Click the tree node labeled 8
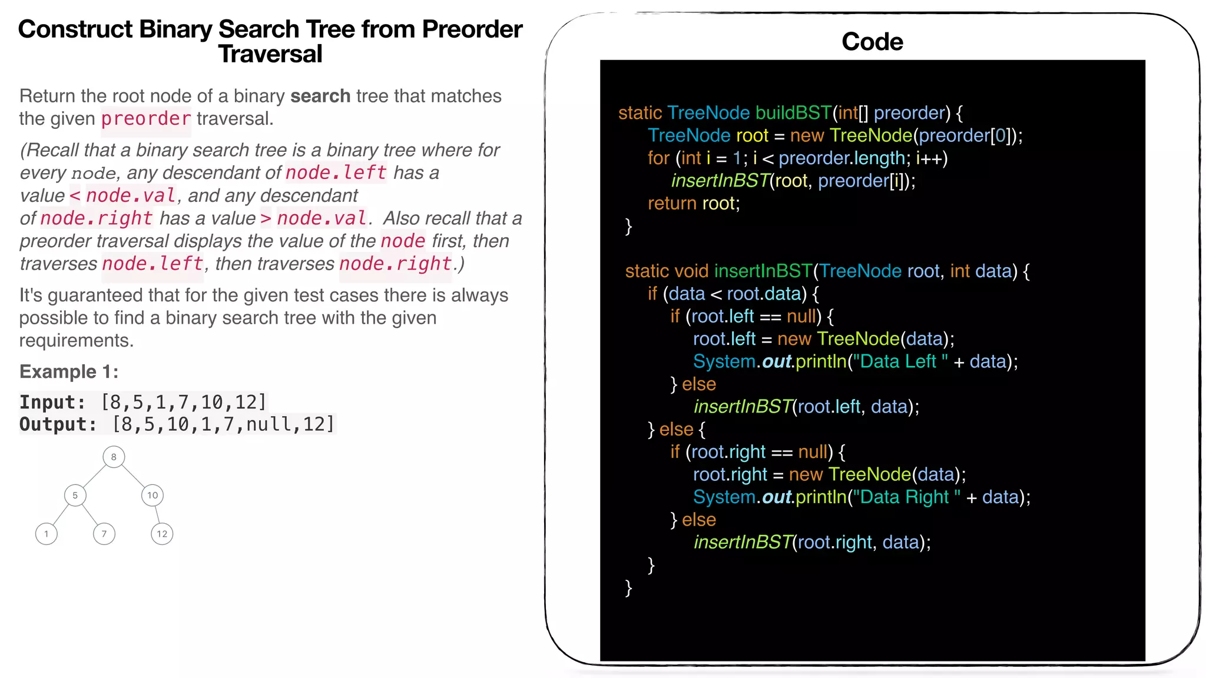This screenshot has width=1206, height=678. tap(114, 457)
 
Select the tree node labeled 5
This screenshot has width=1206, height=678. tap(75, 495)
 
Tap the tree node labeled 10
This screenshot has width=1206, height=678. tap(153, 495)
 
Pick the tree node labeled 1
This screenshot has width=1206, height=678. tap(47, 534)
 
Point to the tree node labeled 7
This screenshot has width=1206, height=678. tap(104, 534)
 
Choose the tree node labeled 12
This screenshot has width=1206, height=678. tap(162, 534)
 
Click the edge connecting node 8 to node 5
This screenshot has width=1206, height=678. tap(94, 476)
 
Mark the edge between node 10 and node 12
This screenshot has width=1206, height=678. tap(157, 514)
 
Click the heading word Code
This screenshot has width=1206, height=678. tap(872, 42)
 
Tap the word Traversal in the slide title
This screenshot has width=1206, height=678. tap(270, 54)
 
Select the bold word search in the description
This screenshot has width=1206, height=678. tap(320, 96)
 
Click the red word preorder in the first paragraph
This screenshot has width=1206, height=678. tap(146, 119)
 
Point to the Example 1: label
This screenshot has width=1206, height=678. tap(69, 371)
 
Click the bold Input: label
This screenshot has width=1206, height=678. tap(52, 402)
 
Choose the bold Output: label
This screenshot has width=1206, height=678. tap(58, 424)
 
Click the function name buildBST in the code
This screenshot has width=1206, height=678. tap(793, 112)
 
